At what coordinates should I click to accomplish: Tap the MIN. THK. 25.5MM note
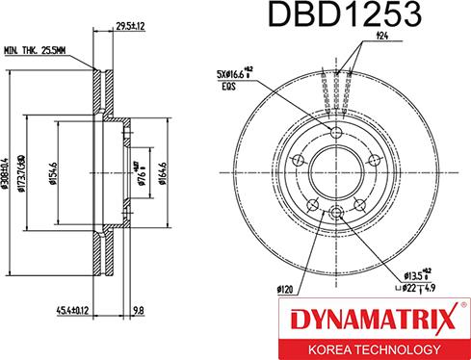[x=35, y=51]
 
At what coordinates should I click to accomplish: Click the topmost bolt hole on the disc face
[x=335, y=133]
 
